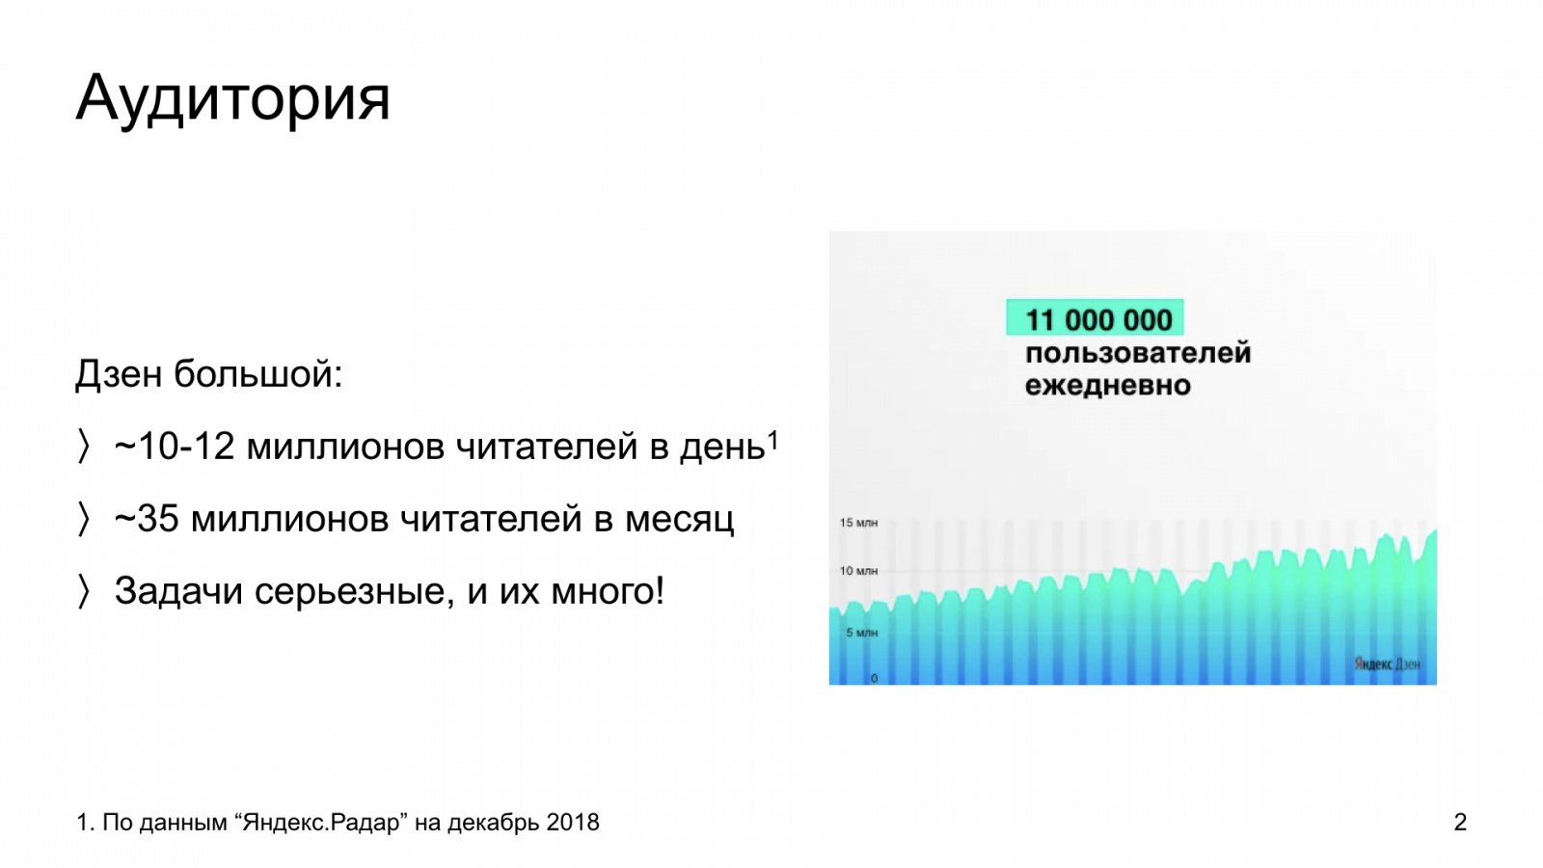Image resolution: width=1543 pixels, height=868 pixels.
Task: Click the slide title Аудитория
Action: pos(232,99)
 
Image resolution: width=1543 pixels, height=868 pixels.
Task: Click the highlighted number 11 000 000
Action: pos(1098,320)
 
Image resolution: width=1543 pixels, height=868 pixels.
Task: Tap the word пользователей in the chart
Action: pos(1138,353)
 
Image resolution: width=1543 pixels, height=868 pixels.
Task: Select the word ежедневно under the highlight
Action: pos(1108,385)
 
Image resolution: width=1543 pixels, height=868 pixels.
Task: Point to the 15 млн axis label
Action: pos(858,523)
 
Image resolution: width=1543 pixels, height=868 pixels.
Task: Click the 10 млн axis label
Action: pos(858,571)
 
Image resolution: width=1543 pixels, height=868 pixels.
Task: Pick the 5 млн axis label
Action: pos(862,633)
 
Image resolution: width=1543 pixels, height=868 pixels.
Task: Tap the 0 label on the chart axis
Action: pos(874,679)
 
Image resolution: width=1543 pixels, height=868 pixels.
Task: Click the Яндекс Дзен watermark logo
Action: pos(1387,665)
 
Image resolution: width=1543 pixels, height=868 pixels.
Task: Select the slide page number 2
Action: pos(1460,822)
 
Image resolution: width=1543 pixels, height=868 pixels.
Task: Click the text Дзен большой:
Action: pos(208,375)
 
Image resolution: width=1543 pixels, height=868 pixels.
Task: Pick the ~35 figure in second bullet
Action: pos(147,519)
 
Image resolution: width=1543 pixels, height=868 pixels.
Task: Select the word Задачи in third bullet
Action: pos(178,591)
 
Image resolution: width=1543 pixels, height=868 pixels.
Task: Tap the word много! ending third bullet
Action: pos(608,591)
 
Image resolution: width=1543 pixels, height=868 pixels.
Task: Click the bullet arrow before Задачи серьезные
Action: pos(83,592)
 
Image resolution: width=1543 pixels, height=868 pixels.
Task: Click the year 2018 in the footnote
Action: pos(573,822)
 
